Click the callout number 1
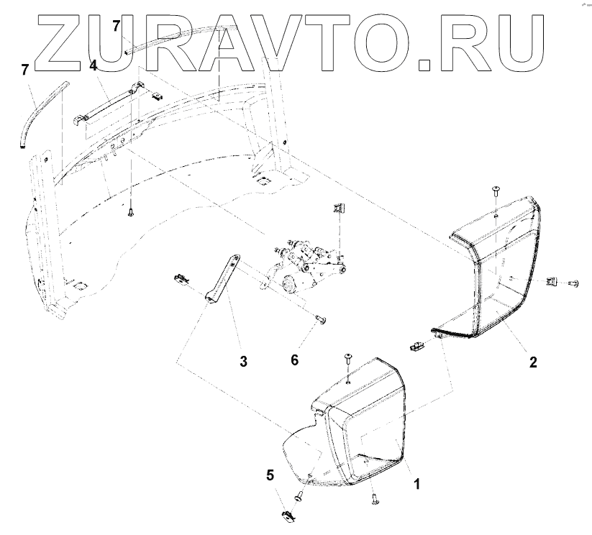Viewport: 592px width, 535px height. [x=415, y=484]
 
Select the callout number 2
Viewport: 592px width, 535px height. [x=533, y=362]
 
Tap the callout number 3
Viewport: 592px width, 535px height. [x=243, y=362]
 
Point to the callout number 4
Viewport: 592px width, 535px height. [x=93, y=65]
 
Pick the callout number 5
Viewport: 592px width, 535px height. [x=270, y=475]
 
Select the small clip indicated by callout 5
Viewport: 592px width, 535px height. [x=286, y=515]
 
